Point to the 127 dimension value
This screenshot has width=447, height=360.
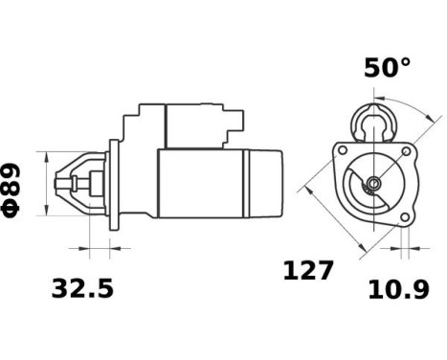tap(308, 270)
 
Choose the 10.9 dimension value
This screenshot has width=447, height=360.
tap(398, 288)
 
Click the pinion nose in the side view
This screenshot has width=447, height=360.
tap(75, 183)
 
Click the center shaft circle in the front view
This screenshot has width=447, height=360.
tap(373, 184)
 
